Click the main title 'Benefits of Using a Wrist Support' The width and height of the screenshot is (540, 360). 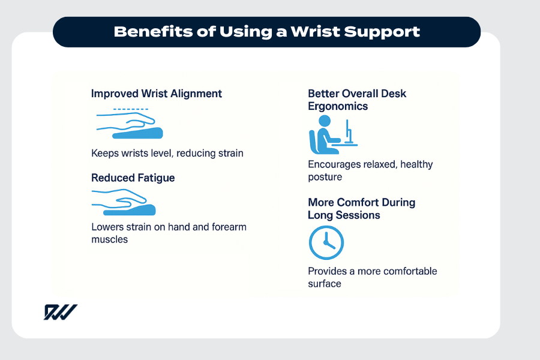point(266,32)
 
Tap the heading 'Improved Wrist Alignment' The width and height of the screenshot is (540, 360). point(157,94)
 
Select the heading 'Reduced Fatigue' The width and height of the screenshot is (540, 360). point(133,178)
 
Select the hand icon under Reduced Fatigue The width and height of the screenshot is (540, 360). point(124,203)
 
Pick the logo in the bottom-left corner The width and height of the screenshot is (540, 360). point(60,312)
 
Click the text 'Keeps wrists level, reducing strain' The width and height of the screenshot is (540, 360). point(167,153)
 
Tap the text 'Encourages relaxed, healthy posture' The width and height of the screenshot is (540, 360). point(370,170)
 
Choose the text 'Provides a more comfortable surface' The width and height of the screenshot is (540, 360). point(372,277)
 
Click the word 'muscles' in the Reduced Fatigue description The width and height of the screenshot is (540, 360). point(110,239)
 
